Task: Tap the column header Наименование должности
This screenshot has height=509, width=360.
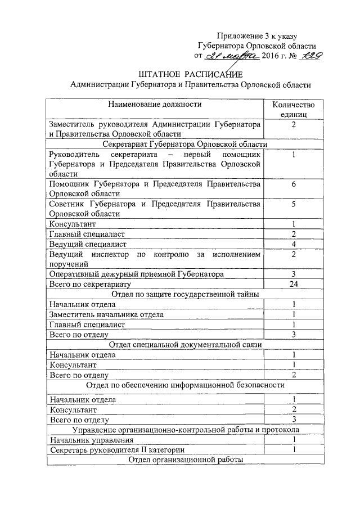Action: pyautogui.click(x=155, y=104)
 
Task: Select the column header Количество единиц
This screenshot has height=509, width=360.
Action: pyautogui.click(x=293, y=109)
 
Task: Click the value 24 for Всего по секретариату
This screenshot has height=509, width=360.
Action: pyautogui.click(x=293, y=284)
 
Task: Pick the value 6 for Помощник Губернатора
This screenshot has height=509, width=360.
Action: pyautogui.click(x=293, y=184)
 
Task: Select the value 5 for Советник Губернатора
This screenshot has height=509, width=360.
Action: pyautogui.click(x=293, y=204)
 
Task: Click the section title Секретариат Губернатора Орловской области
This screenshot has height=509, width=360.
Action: pyautogui.click(x=185, y=144)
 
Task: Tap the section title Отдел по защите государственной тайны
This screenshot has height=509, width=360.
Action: pyautogui.click(x=185, y=294)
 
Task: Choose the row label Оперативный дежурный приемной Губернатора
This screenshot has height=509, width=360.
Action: pyautogui.click(x=136, y=274)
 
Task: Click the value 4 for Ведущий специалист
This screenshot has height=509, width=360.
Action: pyautogui.click(x=293, y=244)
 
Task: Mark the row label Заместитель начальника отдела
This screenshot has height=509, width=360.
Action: pyautogui.click(x=107, y=314)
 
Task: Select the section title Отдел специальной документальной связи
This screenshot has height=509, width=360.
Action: pyautogui.click(x=185, y=344)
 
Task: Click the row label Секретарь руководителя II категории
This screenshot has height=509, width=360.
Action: pyautogui.click(x=116, y=450)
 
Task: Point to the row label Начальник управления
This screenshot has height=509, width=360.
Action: pyautogui.click(x=92, y=440)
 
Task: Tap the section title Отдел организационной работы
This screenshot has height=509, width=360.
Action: pyautogui.click(x=185, y=460)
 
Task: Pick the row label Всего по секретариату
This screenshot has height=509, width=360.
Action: pyautogui.click(x=89, y=284)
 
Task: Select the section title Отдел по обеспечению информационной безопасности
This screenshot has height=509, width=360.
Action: pyautogui.click(x=185, y=385)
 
